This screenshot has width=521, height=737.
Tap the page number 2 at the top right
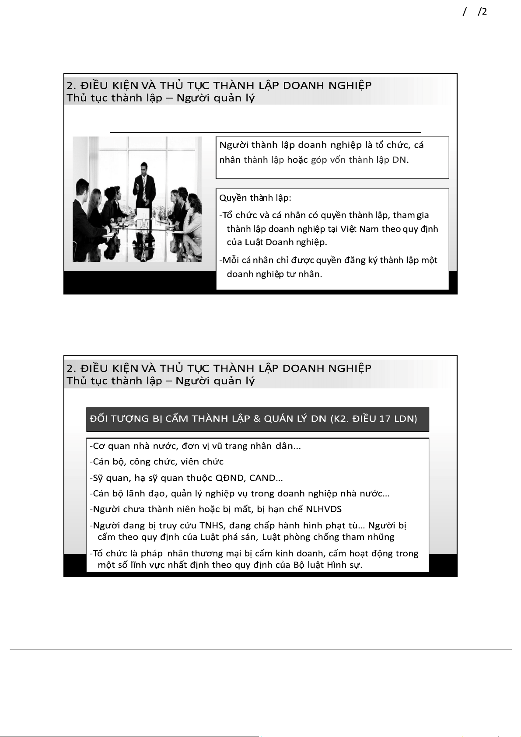[484, 12]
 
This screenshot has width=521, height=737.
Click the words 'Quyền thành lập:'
[255, 198]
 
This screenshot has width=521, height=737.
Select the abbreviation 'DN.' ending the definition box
[401, 160]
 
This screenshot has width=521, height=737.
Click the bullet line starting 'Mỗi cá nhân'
[328, 267]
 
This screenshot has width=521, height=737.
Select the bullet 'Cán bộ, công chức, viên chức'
[157, 461]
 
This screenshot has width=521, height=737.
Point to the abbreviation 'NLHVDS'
[324, 509]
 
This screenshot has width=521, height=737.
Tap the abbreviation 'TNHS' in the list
[212, 525]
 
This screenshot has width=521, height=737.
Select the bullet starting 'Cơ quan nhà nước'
[195, 446]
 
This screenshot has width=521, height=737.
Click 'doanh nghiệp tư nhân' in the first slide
[274, 274]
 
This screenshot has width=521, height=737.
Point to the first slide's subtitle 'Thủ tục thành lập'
[114, 98]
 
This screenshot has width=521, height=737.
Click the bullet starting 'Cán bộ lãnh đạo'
[240, 493]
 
